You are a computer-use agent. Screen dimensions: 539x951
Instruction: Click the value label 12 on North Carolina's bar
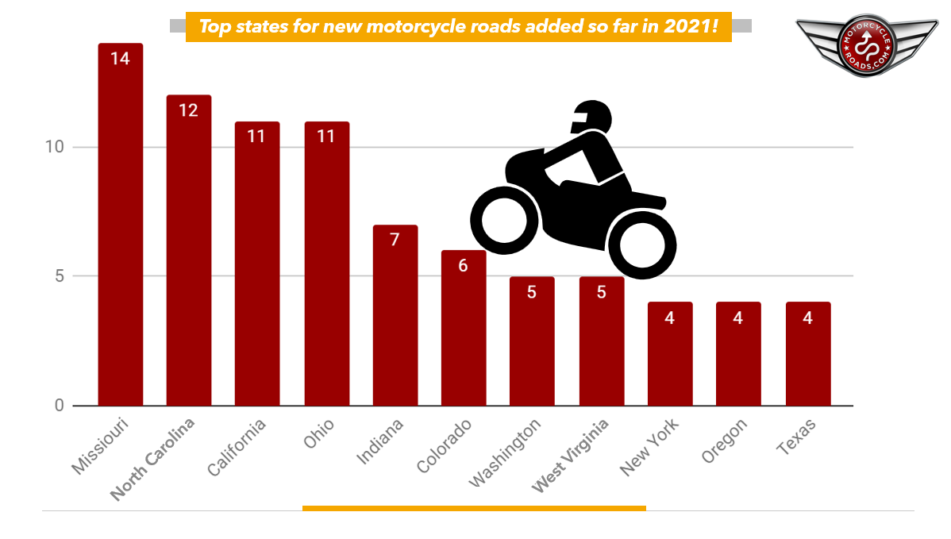coord(188,110)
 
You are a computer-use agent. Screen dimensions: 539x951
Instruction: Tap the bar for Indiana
coord(395,318)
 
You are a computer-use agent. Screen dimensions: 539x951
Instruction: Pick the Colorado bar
coord(463,329)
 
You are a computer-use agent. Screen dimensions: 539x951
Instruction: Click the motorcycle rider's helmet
coord(592,118)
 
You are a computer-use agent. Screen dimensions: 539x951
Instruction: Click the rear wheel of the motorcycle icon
coord(502,218)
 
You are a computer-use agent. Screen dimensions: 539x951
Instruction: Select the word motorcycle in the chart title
coord(410,27)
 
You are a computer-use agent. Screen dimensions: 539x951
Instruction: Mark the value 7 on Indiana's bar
coord(395,239)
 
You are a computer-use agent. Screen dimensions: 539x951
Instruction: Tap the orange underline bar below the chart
coord(474,508)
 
